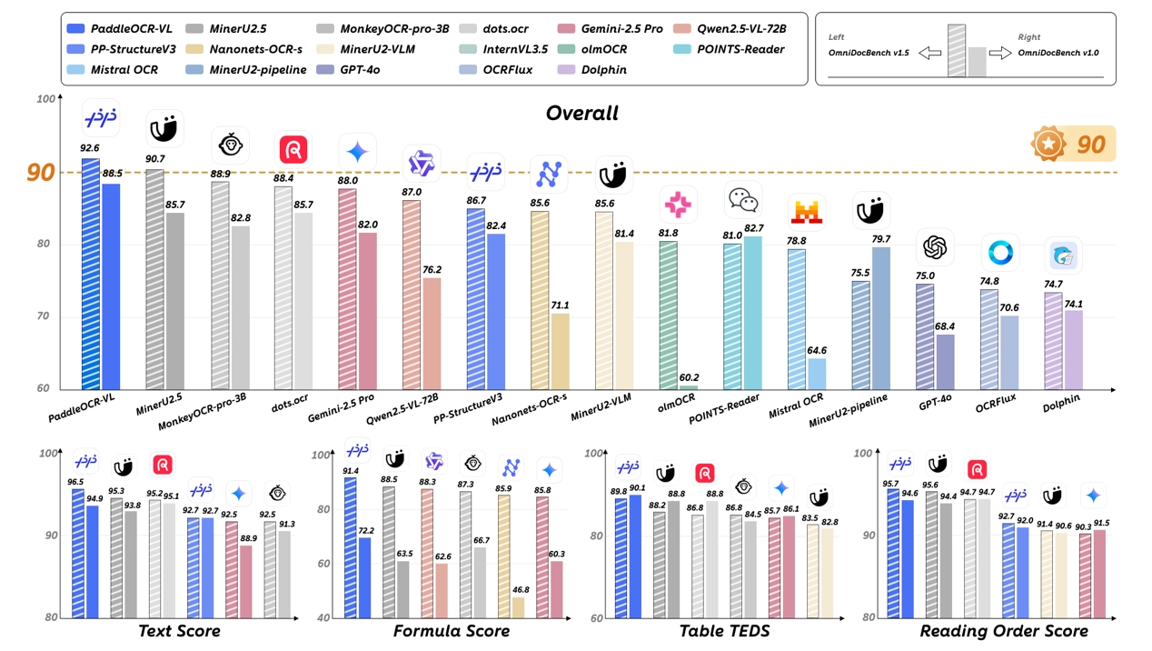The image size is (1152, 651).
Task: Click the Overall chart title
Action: [581, 114]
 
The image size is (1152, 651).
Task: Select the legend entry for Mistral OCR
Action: [112, 69]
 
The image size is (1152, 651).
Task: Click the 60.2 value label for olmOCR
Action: [690, 377]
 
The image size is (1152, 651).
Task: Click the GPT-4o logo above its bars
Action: [935, 246]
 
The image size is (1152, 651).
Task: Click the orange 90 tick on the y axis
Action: [40, 173]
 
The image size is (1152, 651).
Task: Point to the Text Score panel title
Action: [178, 631]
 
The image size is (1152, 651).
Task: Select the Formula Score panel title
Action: [451, 631]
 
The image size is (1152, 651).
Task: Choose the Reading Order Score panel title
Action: [1003, 631]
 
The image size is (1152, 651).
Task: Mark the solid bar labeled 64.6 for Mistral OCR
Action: [816, 373]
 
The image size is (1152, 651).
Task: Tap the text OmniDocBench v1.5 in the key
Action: [869, 54]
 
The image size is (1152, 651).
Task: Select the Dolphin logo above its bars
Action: [1063, 257]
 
